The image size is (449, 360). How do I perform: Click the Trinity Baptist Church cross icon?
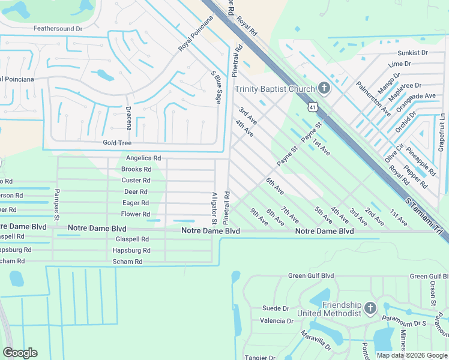(x=324, y=89)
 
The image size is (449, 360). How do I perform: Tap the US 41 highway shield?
(x=313, y=106)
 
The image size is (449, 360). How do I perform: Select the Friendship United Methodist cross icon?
(x=370, y=309)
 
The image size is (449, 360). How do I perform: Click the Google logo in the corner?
(x=20, y=353)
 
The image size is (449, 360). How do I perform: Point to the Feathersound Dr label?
(x=58, y=28)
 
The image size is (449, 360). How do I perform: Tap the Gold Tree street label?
(x=117, y=143)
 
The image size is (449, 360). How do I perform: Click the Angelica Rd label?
(x=143, y=158)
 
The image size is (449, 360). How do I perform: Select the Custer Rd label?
(x=136, y=180)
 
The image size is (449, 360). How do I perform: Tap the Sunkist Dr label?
(x=416, y=53)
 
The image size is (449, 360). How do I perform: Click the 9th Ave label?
(x=259, y=216)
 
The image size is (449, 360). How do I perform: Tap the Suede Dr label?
(x=276, y=308)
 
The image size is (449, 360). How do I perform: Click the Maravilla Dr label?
(x=315, y=340)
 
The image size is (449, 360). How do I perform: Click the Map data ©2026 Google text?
(x=412, y=355)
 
